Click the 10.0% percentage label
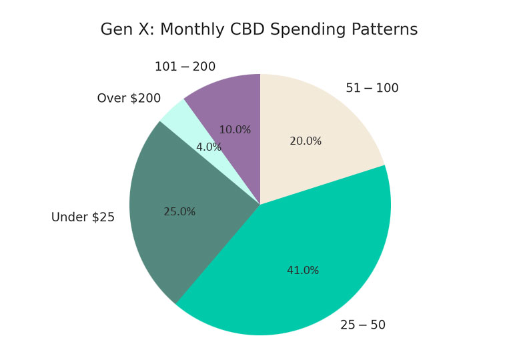tap(235, 130)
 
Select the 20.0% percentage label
tap(306, 141)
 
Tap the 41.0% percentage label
tap(303, 271)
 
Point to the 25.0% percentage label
tap(179, 212)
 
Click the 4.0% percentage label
tap(209, 147)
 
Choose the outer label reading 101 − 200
tap(185, 67)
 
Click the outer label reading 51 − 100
tap(372, 89)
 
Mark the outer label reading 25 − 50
tap(362, 325)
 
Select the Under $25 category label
tap(83, 217)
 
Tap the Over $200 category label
tap(129, 99)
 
